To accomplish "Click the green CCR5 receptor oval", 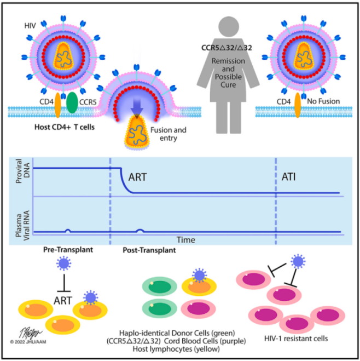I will tap(72, 104).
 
